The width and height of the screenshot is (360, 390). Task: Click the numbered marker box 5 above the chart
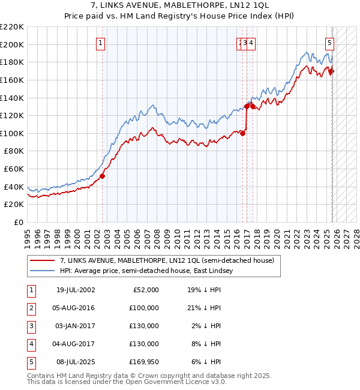(330, 43)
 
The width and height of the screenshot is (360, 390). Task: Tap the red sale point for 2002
(102, 176)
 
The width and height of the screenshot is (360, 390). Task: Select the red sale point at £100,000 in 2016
(242, 133)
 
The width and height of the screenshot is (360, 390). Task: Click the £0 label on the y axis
(18, 223)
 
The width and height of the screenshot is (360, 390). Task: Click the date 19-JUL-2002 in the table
(76, 290)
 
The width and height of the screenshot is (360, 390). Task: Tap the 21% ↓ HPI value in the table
(203, 308)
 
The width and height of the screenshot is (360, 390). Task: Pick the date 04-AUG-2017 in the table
(76, 344)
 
